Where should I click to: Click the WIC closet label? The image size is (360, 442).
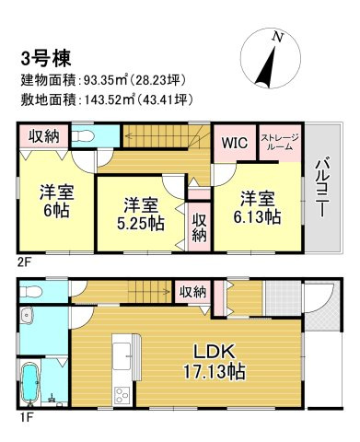[x=234, y=145]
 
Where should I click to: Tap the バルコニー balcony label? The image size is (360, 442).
[x=323, y=190]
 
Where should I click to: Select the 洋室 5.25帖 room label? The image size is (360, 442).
[x=133, y=213]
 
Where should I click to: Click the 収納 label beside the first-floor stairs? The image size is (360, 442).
[x=192, y=292]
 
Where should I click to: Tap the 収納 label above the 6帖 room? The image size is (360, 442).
[x=44, y=136]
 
